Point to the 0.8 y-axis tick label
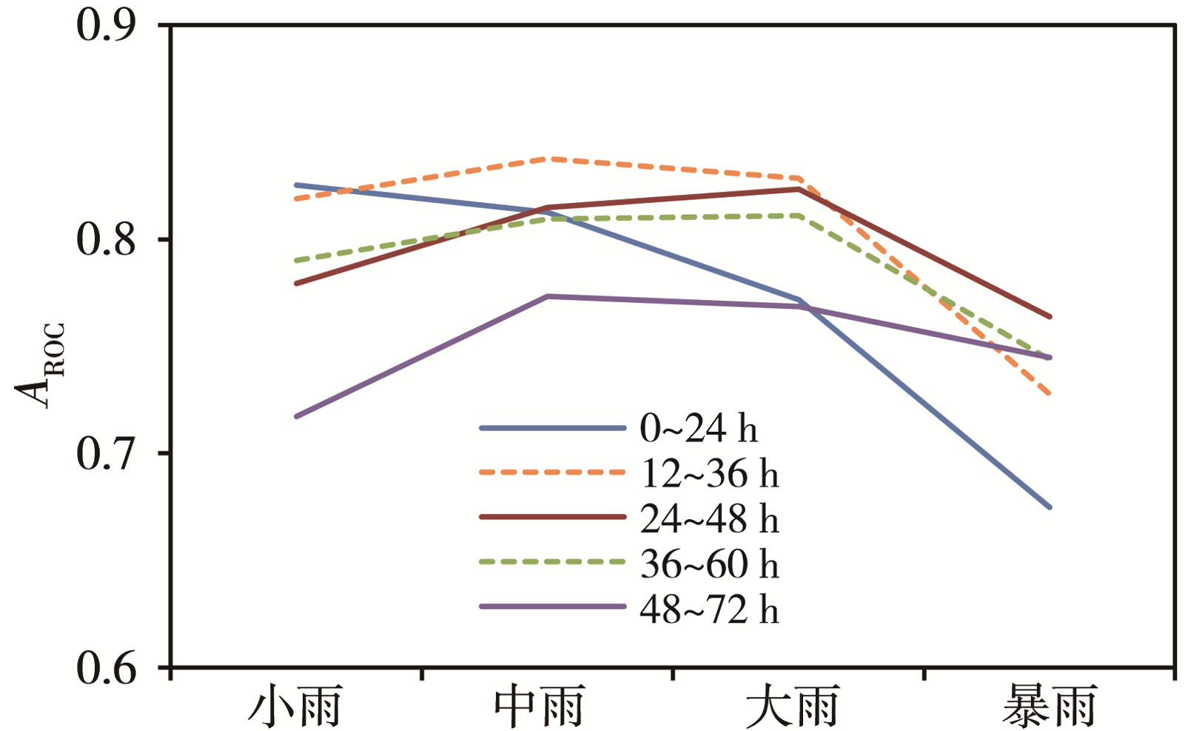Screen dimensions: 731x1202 tap(107, 239)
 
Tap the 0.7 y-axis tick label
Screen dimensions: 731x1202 tap(107, 453)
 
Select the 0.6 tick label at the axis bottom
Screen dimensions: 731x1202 tap(107, 667)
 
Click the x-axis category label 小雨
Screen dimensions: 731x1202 tap(295, 707)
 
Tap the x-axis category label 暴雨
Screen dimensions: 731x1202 tap(1050, 707)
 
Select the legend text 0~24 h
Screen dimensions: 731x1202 tap(699, 429)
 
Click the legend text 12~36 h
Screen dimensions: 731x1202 tap(709, 474)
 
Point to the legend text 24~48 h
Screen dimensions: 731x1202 tap(709, 519)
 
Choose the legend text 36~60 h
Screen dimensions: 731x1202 tap(709, 564)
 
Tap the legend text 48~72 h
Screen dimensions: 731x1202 tap(709, 610)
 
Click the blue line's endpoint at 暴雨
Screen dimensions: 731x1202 tap(1050, 507)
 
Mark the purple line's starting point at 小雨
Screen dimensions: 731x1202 tap(296, 417)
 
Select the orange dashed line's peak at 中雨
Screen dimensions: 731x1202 tap(548, 158)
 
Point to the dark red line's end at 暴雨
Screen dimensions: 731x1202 tap(1050, 317)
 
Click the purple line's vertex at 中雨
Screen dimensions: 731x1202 tap(548, 296)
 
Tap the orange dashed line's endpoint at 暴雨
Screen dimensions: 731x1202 tap(1050, 393)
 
